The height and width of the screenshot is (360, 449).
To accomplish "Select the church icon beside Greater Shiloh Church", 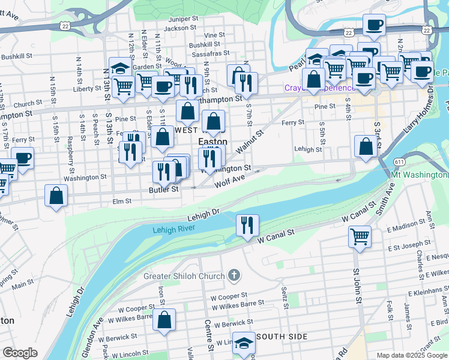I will [x=234, y=276].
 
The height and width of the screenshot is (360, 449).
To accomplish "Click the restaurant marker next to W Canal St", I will [x=247, y=226].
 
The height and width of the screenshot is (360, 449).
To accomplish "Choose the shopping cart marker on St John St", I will [x=360, y=236].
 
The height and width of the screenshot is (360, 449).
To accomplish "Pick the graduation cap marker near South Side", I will [x=244, y=343].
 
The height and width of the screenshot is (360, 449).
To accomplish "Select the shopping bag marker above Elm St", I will [x=56, y=196].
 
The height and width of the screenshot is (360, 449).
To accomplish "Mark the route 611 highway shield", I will [x=399, y=162].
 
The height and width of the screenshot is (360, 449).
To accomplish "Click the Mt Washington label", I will [x=419, y=175].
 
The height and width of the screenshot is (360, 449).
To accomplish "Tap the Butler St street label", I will [x=164, y=189].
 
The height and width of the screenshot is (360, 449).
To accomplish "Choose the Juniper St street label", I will [x=182, y=19].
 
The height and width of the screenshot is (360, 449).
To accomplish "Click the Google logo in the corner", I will [x=20, y=353].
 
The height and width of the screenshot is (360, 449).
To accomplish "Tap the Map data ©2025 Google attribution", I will [x=411, y=355].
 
